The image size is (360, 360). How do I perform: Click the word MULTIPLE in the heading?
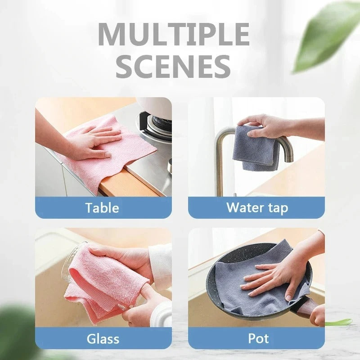[x=173, y=34]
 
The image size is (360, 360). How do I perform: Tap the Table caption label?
[x=103, y=208]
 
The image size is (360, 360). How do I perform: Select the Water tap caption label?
[x=256, y=207]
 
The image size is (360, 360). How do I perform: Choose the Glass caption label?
[x=103, y=338]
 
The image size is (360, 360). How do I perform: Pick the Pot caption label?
[x=256, y=338]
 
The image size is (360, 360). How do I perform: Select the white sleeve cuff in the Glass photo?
[x=160, y=261]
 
